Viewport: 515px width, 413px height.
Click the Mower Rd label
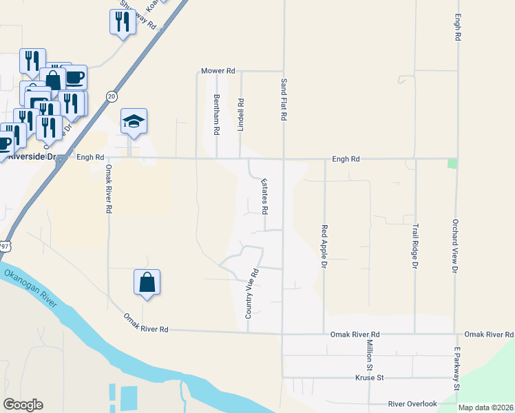[218, 71]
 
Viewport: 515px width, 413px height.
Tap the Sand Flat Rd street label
[283, 100]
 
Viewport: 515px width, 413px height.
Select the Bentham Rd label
[216, 114]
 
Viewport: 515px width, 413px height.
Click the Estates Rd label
[264, 195]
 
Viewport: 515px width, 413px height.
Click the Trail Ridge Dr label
[415, 245]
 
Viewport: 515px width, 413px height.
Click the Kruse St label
[368, 378]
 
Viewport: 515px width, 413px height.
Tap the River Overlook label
[412, 404]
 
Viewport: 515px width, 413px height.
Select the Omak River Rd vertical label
[108, 189]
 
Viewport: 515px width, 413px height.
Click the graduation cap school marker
[134, 122]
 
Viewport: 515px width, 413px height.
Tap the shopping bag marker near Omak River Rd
[147, 282]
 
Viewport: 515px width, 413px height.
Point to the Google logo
[23, 405]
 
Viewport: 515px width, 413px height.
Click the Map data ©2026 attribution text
[485, 407]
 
